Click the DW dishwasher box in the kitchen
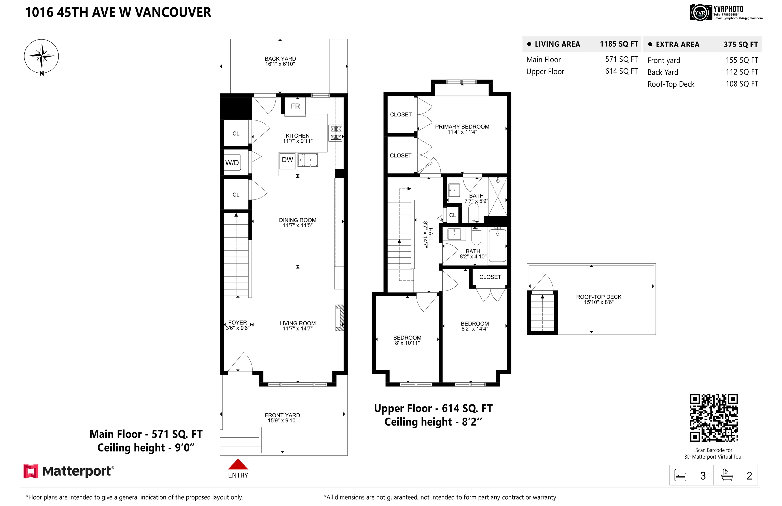[287, 160]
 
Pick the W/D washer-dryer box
[232, 163]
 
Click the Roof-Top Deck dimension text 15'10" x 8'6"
[598, 302]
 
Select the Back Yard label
[280, 59]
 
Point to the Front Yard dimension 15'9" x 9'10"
[282, 421]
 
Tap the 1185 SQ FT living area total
[619, 44]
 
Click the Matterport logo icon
[31, 471]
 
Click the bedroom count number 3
[703, 476]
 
